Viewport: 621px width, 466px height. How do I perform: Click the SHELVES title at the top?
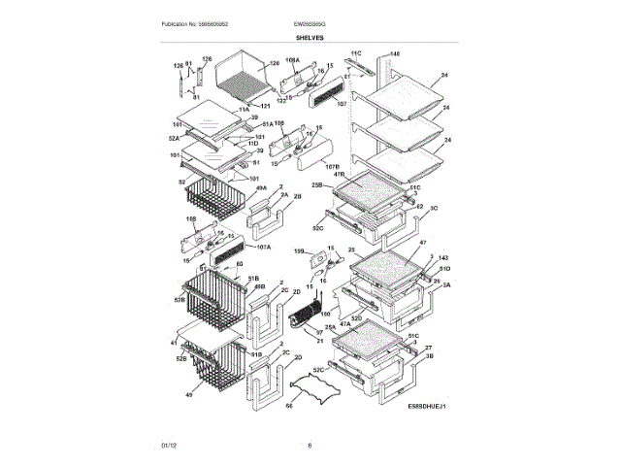310,37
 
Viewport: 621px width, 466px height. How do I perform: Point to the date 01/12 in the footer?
169,445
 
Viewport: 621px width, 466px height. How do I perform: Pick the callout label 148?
395,53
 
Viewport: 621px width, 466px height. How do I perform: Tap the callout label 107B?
332,167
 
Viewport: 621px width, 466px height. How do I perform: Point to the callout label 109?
300,252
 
